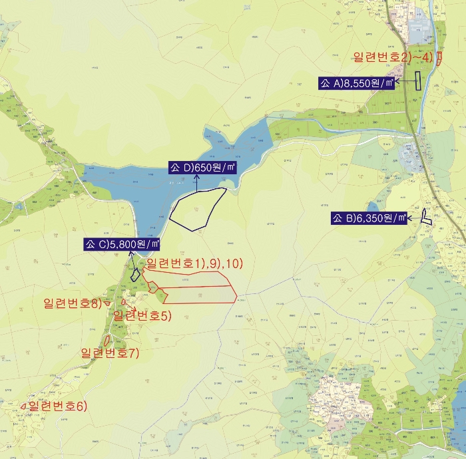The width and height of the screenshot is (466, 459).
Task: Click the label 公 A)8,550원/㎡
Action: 356,83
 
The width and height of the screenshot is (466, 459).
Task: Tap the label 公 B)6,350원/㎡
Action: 369,218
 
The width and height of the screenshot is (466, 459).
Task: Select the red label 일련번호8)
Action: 72,304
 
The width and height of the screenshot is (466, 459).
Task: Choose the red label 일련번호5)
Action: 142,315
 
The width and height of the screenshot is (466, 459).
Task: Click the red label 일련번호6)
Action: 57,406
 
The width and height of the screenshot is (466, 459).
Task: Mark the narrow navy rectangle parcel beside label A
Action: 418,80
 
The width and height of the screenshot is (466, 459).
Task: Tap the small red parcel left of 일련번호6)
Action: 24,406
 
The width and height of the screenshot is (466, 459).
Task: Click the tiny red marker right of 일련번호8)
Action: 108,304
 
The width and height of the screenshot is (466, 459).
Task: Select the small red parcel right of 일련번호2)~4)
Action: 439,59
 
